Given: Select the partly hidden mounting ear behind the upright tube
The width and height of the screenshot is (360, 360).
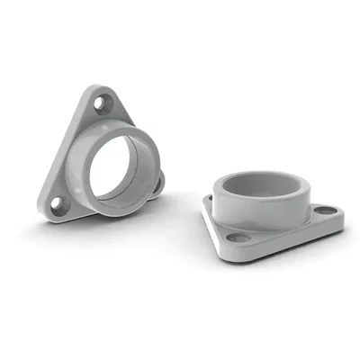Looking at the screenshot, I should tap(157, 184).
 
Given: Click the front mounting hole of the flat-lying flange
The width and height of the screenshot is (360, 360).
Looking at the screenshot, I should tap(238, 238).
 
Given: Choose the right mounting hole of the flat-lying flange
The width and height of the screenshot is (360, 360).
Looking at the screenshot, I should tap(325, 211).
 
